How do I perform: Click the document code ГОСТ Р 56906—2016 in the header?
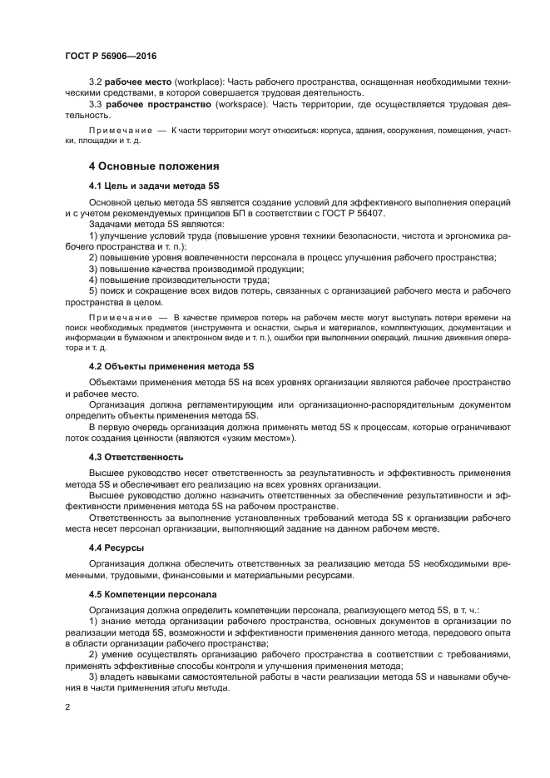point(110,56)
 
